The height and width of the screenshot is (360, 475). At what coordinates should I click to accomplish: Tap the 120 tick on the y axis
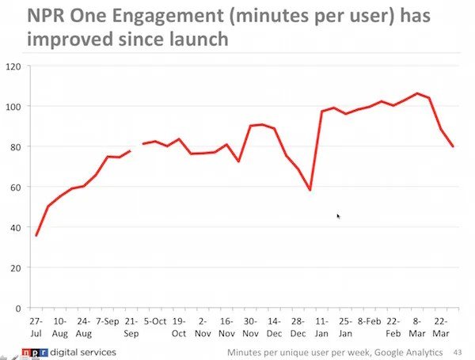[13, 66]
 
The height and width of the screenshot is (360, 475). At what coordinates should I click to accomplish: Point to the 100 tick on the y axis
[13, 106]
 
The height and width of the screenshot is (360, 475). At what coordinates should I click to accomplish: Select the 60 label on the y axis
[16, 187]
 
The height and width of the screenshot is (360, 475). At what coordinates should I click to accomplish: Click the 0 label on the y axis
[19, 308]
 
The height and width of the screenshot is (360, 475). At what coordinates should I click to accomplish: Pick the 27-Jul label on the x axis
[35, 326]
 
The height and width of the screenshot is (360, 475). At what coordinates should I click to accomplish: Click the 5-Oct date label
[154, 322]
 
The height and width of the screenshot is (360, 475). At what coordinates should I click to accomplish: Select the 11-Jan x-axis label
[321, 327]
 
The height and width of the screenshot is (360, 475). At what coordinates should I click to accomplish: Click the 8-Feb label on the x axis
[369, 322]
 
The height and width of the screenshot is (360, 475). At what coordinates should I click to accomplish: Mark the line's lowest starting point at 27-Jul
[36, 236]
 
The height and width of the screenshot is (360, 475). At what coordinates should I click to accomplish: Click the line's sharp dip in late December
[310, 190]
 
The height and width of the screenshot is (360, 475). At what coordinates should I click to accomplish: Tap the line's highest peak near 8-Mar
[418, 93]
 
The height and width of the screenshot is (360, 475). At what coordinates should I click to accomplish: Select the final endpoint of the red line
[454, 146]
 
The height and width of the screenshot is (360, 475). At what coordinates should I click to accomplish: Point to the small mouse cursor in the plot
[338, 215]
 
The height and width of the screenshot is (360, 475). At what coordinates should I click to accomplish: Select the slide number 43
[458, 351]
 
